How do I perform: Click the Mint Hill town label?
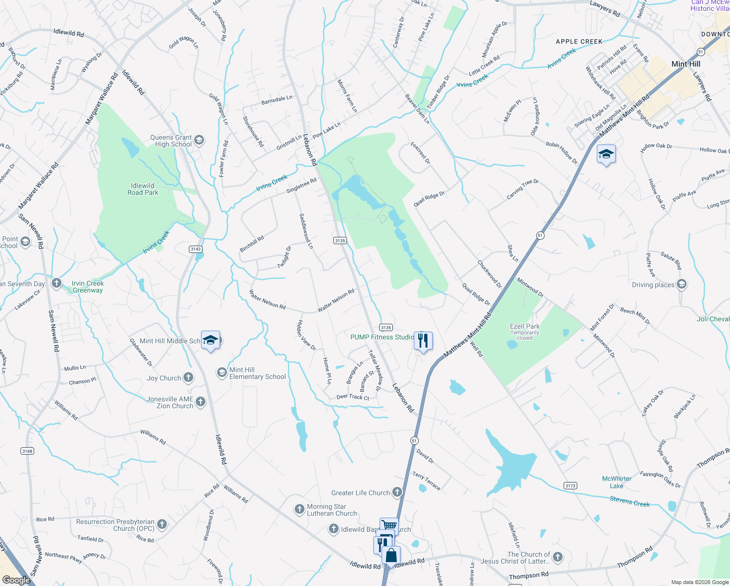point(686,64)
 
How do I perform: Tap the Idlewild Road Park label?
point(142,189)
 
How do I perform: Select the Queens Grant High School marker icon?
point(199,141)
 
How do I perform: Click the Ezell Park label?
point(525,326)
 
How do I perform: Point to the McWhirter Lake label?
point(617,482)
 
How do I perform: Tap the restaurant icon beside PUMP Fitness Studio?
point(423,340)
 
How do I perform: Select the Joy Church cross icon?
point(188,377)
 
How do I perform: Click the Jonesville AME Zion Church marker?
point(201,402)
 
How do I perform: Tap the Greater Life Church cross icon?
point(397,492)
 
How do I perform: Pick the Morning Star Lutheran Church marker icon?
point(300,509)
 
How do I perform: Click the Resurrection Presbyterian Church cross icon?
point(162,524)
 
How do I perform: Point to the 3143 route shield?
point(196,249)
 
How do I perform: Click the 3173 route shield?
point(570,485)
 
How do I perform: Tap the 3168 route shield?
point(27,451)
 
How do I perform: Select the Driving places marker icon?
point(682,284)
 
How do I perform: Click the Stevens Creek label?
point(629,501)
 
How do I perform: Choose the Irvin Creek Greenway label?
point(88,287)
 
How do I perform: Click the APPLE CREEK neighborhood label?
point(579,42)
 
